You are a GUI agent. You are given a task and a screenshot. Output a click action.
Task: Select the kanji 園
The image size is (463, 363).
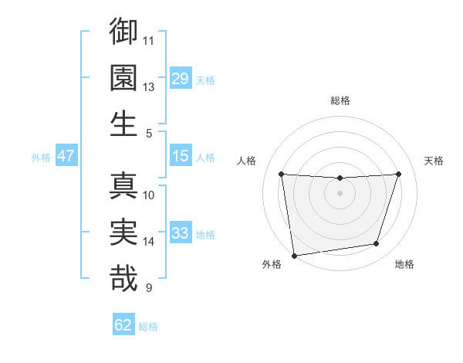point(123,77)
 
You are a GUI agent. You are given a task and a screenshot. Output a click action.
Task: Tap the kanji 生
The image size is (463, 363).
point(123,124)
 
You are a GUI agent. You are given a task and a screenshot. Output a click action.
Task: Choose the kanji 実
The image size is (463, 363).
point(123,232)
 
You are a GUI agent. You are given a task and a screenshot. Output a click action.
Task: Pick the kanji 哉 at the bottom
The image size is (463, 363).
point(123,278)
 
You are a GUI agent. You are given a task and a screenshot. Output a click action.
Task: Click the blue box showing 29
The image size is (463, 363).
point(181,79)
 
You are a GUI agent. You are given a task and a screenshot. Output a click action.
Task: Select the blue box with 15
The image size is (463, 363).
point(181,156)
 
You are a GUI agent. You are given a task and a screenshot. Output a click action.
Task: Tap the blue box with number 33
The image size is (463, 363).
point(181,233)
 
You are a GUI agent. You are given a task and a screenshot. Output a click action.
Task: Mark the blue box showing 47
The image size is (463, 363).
point(66,156)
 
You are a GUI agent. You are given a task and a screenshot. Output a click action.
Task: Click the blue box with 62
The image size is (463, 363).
point(123,325)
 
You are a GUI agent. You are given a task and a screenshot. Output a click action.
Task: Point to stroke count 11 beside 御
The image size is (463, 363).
point(149,40)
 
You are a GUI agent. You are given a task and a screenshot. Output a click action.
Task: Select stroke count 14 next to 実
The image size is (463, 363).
point(149,242)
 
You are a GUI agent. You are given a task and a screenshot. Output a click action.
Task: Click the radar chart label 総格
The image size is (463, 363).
point(340,100)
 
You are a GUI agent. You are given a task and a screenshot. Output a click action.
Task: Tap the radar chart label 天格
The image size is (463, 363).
point(434,161)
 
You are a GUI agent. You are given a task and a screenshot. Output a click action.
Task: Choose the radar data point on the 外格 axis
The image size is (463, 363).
point(294,255)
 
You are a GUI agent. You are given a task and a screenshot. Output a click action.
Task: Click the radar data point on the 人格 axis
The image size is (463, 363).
point(282,175)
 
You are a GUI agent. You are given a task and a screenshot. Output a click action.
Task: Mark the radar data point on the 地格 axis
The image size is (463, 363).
point(377,244)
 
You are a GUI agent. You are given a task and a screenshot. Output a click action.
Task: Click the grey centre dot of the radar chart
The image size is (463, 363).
point(340,193)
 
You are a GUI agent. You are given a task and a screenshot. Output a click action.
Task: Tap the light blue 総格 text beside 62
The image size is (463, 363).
point(148,327)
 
